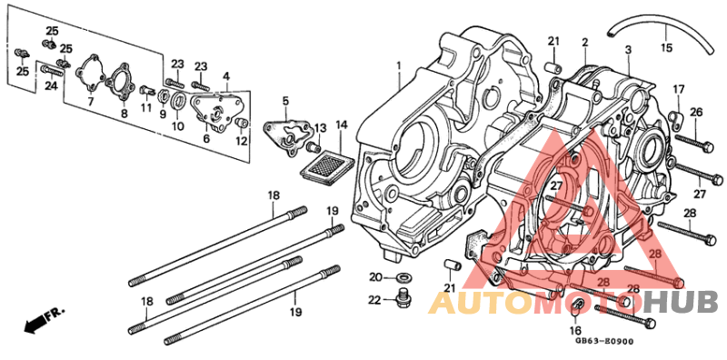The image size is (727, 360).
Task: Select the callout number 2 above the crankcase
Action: pyautogui.click(x=585, y=42)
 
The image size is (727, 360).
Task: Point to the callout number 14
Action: pyautogui.click(x=342, y=125)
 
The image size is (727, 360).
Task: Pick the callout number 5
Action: pyautogui.click(x=284, y=100)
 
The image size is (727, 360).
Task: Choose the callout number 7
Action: pyautogui.click(x=91, y=102)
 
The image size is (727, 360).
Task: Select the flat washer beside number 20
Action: pyautogui.click(x=405, y=275)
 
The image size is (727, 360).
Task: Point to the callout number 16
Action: pyautogui.click(x=574, y=331)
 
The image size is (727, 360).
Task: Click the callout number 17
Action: pyautogui.click(x=678, y=88)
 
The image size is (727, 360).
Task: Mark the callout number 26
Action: pyautogui.click(x=696, y=112)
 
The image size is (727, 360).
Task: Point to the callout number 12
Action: pyautogui.click(x=241, y=141)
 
